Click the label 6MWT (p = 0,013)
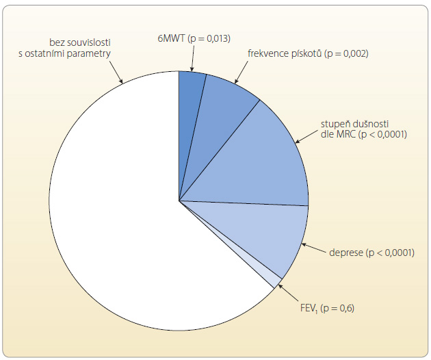[194, 38]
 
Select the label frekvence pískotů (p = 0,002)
[308, 53]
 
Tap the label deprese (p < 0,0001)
[371, 253]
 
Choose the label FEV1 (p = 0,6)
[327, 308]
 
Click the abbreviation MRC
[345, 134]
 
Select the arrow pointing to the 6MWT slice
[193, 58]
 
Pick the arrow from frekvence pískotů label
[241, 72]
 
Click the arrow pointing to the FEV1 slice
[288, 293]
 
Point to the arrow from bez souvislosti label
[116, 71]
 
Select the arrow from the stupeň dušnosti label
[306, 136]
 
